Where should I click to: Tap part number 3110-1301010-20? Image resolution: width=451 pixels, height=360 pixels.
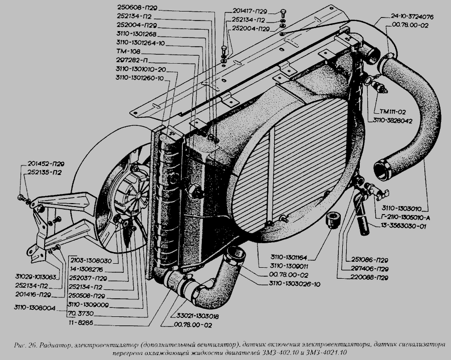click(x=140, y=69)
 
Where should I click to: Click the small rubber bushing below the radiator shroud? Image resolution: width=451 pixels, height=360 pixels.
click(x=333, y=220)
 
